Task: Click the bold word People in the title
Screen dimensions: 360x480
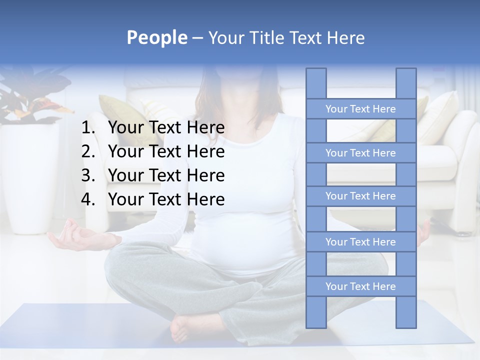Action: [x=156, y=37]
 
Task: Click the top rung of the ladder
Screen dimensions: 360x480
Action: [x=360, y=109]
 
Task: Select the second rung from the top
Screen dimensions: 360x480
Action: [x=360, y=153]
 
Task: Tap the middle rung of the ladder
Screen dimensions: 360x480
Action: [x=360, y=196]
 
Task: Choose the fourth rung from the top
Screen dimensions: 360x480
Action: [x=360, y=242]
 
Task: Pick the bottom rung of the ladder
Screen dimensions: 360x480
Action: [x=360, y=286]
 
